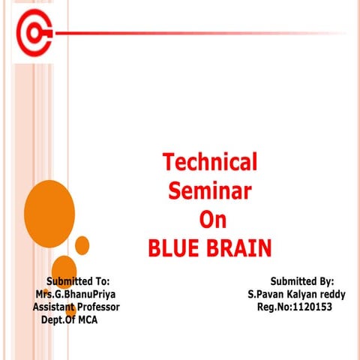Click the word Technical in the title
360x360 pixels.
pyautogui.click(x=210, y=161)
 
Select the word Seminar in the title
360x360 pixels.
pyautogui.click(x=209, y=190)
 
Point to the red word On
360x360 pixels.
pyautogui.click(x=211, y=219)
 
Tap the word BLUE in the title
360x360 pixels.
pyautogui.click(x=175, y=247)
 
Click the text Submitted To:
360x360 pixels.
pyautogui.click(x=78, y=281)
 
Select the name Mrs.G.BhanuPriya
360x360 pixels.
pyautogui.click(x=75, y=294)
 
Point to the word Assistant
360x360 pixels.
pyautogui.click(x=51, y=307)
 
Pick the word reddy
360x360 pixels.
pyautogui.click(x=331, y=294)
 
